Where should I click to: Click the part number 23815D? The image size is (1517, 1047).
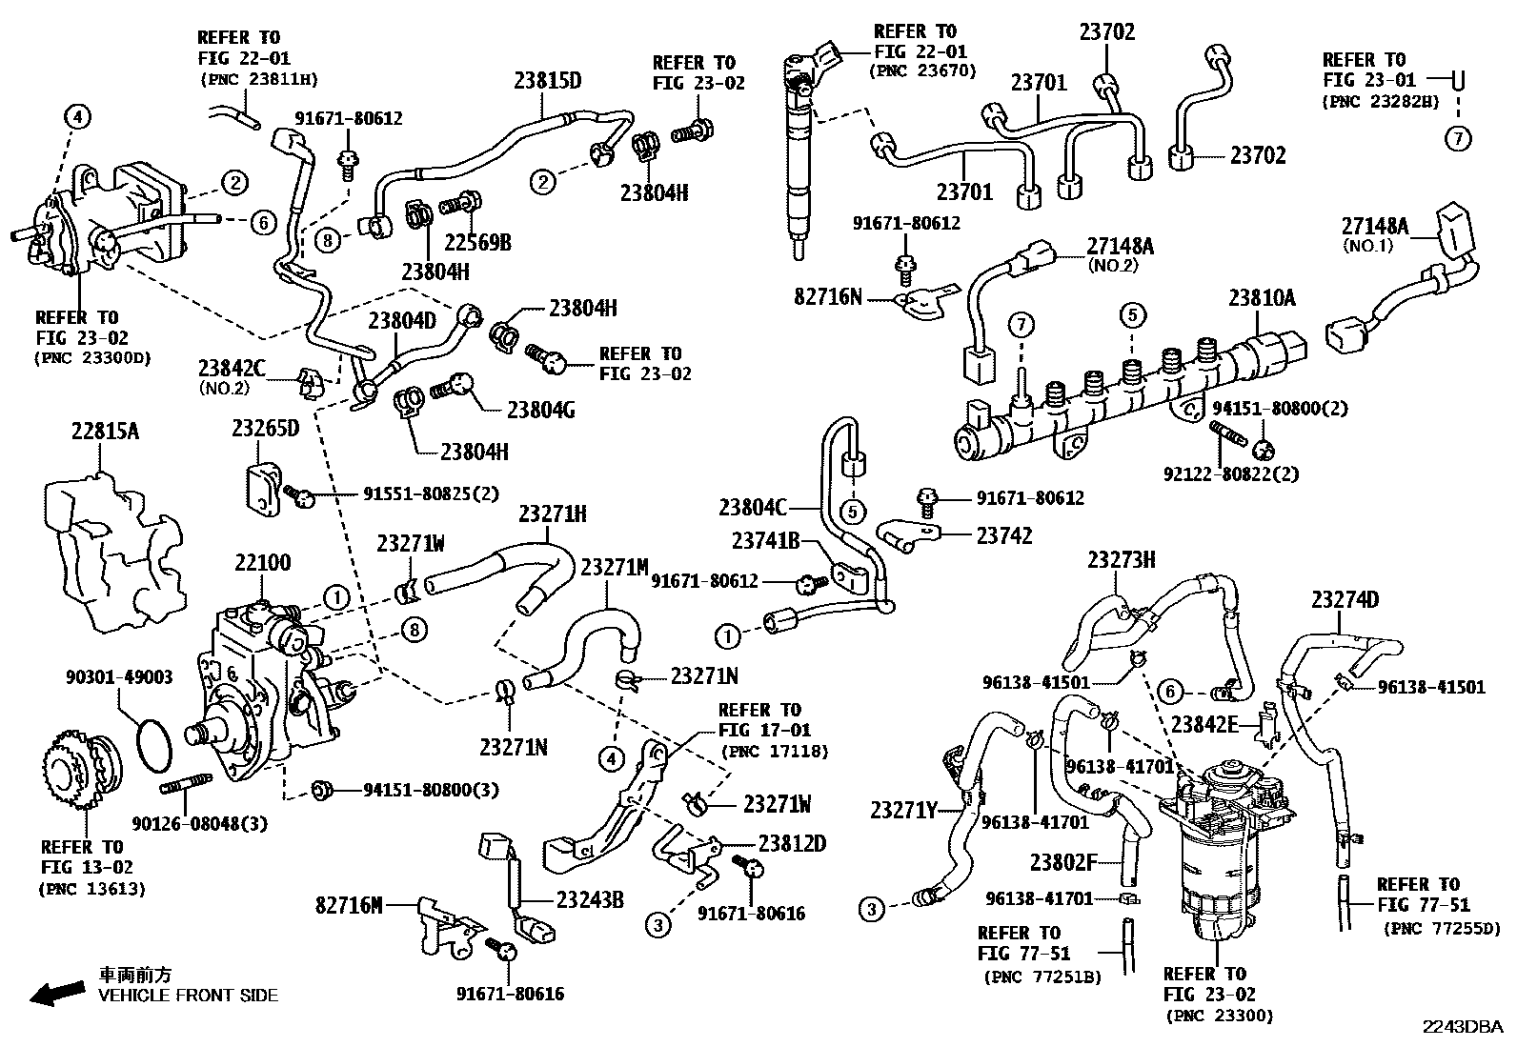(x=547, y=81)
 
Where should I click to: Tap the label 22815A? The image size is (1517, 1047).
(x=105, y=431)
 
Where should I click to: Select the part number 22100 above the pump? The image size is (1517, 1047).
(x=263, y=562)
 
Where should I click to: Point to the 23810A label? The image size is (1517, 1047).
(x=1262, y=297)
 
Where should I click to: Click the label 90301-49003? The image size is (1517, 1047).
(x=119, y=676)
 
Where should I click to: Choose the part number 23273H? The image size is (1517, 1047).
(x=1122, y=560)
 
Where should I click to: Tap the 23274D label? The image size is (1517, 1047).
(x=1345, y=600)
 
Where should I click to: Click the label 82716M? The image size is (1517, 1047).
(x=350, y=905)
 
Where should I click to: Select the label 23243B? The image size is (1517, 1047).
(x=590, y=899)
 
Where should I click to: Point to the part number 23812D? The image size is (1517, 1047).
(x=793, y=844)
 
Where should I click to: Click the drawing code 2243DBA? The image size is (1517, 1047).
(x=1462, y=1027)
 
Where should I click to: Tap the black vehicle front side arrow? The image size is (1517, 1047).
(x=57, y=993)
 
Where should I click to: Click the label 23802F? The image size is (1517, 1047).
(x=1063, y=863)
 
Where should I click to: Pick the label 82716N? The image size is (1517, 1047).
(x=828, y=296)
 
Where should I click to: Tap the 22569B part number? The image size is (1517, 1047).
(x=477, y=242)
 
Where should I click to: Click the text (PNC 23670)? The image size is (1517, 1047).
(x=923, y=70)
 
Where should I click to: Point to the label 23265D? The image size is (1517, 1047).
(x=266, y=428)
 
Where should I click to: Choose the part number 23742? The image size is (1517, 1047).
(x=1004, y=535)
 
